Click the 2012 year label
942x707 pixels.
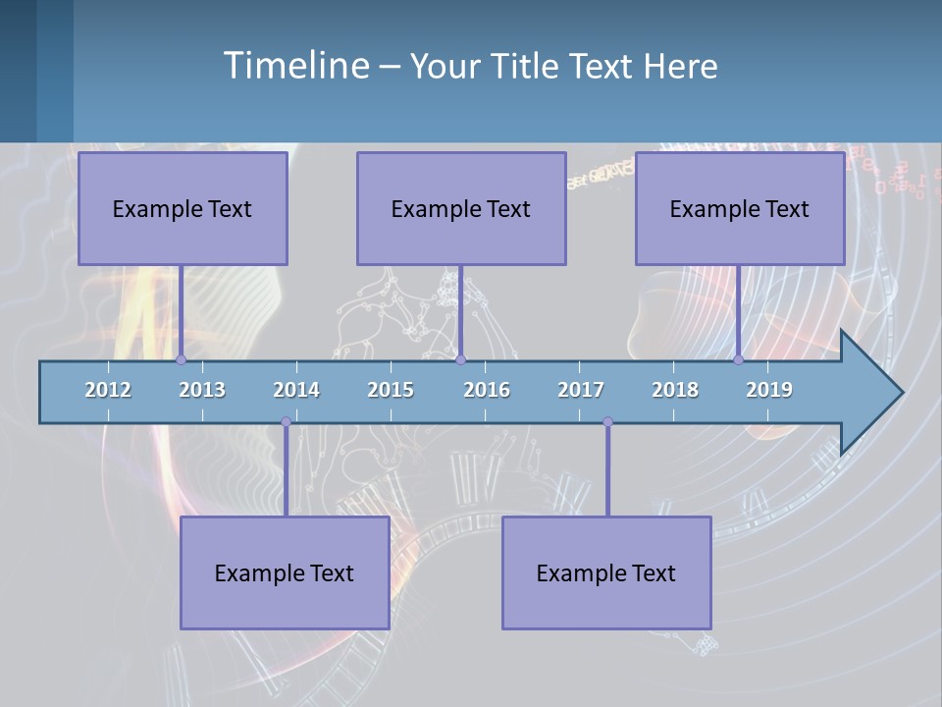click(108, 390)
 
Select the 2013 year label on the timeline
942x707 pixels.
click(202, 390)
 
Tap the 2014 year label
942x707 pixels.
click(296, 390)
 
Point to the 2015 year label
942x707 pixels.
click(391, 390)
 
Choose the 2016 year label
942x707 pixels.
click(487, 390)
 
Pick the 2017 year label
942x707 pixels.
click(581, 390)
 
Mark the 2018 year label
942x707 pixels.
click(675, 390)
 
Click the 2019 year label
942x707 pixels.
click(769, 390)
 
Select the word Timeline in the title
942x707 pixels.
click(295, 65)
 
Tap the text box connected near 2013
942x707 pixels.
click(183, 208)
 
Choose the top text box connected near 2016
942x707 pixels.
click(461, 208)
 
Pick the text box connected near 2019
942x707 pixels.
click(740, 208)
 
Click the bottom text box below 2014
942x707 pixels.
click(285, 572)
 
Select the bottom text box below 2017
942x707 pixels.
click(606, 572)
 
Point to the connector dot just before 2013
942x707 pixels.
click(181, 360)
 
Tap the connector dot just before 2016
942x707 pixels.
click(461, 360)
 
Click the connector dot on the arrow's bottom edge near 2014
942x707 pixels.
click(286, 422)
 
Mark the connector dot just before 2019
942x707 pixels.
click(739, 360)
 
